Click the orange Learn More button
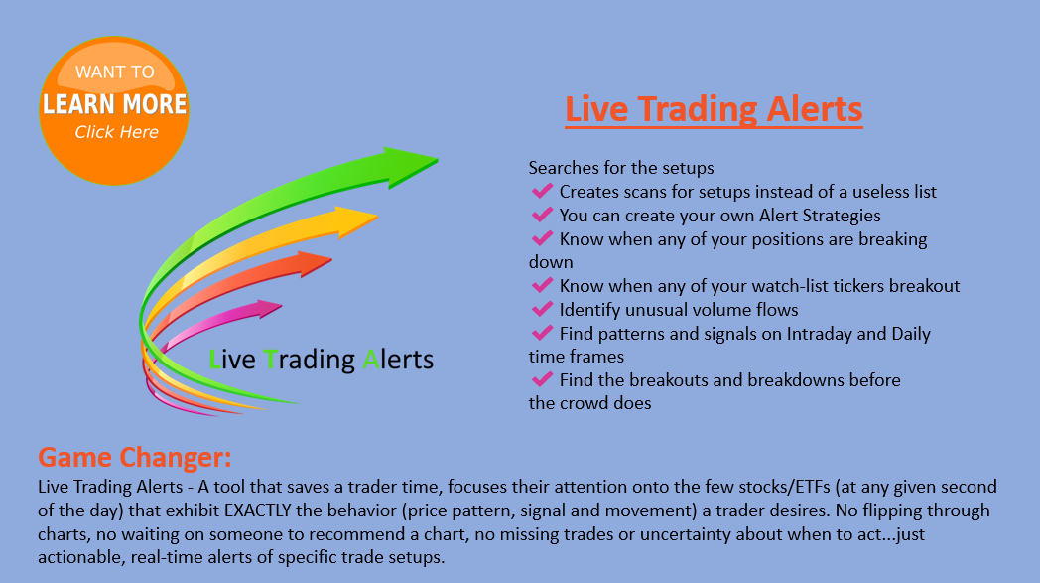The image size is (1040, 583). (114, 111)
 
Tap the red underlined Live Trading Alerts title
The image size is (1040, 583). (714, 109)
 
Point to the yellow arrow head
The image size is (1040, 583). (356, 221)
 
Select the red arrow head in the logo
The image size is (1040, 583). (314, 263)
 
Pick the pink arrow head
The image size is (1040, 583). (269, 308)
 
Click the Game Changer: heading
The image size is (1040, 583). (135, 457)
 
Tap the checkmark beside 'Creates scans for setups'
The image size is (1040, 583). (542, 192)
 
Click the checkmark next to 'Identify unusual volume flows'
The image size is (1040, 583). (542, 310)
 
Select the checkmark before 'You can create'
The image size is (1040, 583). (542, 216)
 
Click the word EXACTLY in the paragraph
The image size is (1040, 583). (258, 510)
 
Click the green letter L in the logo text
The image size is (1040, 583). (214, 360)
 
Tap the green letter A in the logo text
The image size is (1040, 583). (371, 360)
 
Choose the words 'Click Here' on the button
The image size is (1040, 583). (117, 132)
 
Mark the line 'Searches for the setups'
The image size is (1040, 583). (621, 168)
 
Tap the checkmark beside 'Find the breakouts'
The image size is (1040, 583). (542, 379)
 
